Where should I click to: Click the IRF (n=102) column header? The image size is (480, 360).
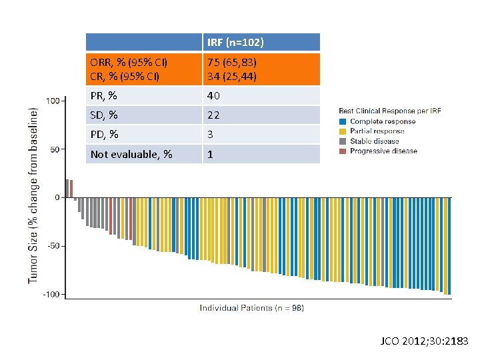click(235, 43)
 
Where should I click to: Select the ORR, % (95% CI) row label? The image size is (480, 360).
click(129, 63)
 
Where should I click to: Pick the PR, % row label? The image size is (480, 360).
click(104, 96)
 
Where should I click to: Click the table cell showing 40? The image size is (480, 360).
click(214, 96)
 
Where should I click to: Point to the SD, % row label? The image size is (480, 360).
click(105, 115)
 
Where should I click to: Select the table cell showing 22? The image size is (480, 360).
click(213, 115)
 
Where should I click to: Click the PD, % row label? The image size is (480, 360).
click(105, 135)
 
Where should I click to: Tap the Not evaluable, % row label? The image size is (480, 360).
click(131, 155)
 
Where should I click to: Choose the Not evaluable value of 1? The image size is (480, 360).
click(210, 155)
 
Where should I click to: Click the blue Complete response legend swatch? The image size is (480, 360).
click(343, 121)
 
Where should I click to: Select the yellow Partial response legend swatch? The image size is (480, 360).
click(343, 131)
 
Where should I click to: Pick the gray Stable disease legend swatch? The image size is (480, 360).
click(343, 141)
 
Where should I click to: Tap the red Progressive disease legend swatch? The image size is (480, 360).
click(343, 151)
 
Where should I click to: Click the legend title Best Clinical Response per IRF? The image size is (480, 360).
click(389, 111)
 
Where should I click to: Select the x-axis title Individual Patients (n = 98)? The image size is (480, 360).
click(251, 308)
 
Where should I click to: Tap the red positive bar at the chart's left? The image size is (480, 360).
click(71, 189)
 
